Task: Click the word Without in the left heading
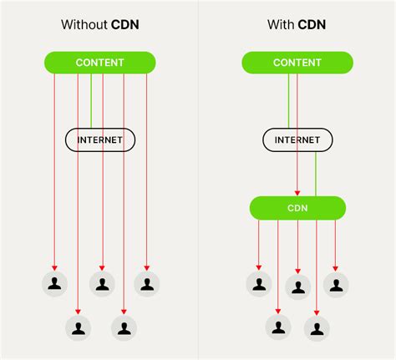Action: (x=83, y=25)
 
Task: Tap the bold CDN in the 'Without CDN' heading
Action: (x=124, y=25)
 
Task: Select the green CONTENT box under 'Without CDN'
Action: (x=99, y=63)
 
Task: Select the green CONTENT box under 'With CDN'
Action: (x=293, y=63)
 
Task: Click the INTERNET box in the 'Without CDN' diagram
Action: (x=100, y=139)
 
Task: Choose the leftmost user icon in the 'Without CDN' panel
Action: (x=54, y=284)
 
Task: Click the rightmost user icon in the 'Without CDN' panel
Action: (x=147, y=284)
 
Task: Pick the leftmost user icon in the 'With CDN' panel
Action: (x=259, y=284)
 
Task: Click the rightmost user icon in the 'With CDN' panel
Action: (x=336, y=284)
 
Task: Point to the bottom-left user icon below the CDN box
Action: (x=278, y=326)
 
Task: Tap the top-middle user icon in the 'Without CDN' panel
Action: (x=101, y=284)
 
